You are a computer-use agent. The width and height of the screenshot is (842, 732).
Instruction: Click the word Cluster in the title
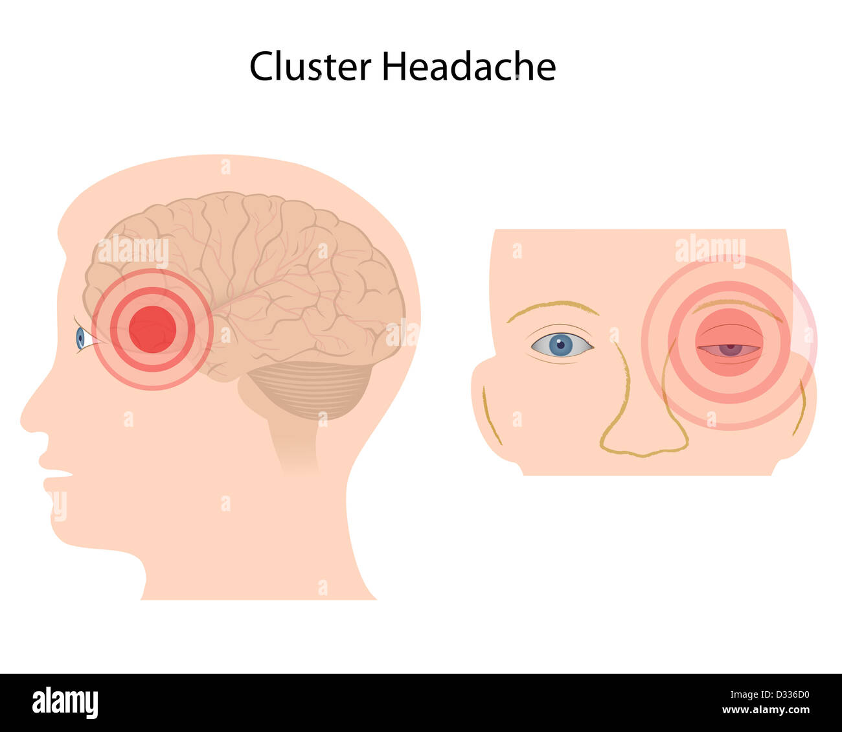click(x=310, y=66)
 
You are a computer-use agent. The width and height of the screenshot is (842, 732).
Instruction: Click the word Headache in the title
click(x=469, y=66)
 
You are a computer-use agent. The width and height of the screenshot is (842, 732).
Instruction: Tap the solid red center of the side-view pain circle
click(x=153, y=329)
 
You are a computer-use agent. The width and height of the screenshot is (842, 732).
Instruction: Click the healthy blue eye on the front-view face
click(x=562, y=345)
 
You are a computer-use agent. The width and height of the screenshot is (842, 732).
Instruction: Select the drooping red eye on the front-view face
click(x=729, y=350)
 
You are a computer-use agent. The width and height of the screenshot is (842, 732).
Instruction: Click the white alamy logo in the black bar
click(x=65, y=702)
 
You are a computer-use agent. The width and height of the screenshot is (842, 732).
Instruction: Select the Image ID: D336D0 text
click(x=769, y=694)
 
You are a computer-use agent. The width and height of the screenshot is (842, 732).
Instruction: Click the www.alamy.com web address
click(x=766, y=710)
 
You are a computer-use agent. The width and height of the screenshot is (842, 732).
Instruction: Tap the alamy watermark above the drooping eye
click(x=711, y=250)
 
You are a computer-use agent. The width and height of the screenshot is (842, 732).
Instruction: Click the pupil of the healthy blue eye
click(x=560, y=345)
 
